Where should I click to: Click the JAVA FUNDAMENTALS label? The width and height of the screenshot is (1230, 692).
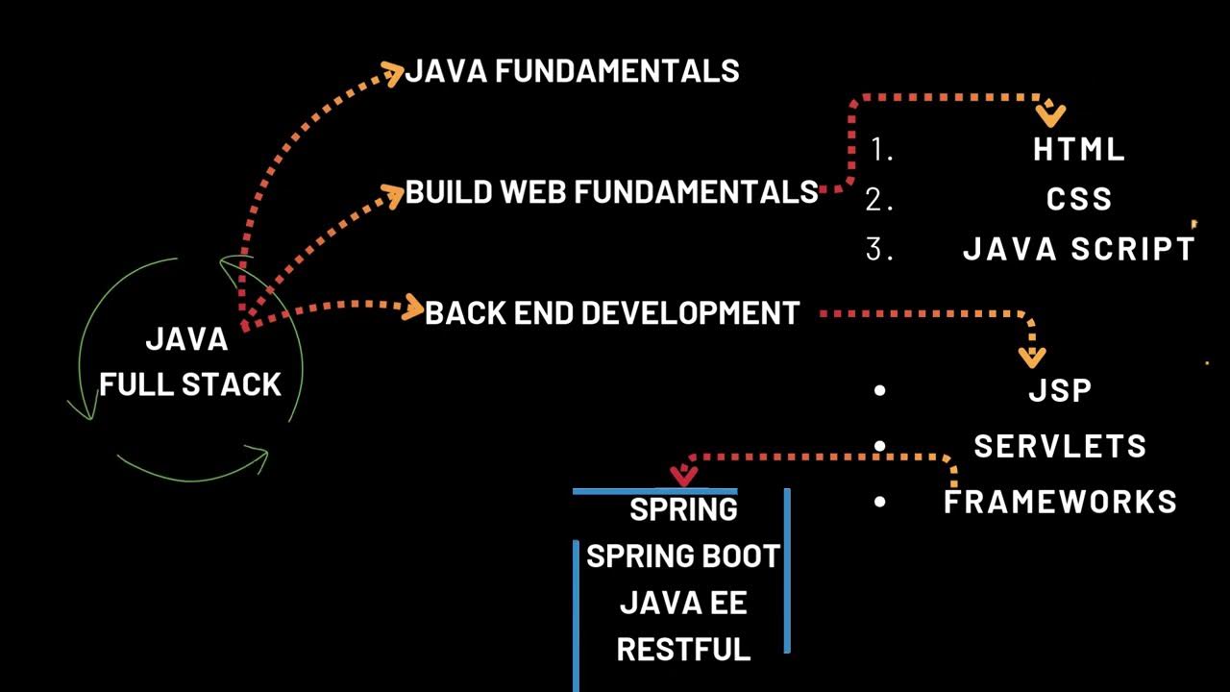[573, 71]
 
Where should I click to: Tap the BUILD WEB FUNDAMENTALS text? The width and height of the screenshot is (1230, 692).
[611, 192]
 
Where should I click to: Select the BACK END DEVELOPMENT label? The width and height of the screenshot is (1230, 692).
[612, 313]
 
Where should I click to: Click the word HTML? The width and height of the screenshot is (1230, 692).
[1079, 150]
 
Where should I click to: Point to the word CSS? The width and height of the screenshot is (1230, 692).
[1079, 199]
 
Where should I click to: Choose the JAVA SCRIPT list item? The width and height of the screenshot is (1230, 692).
[1079, 250]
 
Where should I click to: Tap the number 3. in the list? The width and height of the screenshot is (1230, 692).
[880, 250]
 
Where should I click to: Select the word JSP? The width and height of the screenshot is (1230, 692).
[1060, 391]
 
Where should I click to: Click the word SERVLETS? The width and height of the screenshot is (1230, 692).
[1060, 446]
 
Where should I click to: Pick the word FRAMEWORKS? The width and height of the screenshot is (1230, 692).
[1060, 502]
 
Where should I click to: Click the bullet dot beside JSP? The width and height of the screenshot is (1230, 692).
[880, 390]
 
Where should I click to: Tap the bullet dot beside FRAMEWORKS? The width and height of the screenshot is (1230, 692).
[880, 502]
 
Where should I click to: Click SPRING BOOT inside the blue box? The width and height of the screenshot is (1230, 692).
[683, 556]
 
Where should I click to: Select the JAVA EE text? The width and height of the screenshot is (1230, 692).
[683, 604]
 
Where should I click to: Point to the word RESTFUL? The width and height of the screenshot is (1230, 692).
[683, 650]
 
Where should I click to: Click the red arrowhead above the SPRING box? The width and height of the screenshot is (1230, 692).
[683, 476]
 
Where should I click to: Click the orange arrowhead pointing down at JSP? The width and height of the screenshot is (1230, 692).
[1031, 358]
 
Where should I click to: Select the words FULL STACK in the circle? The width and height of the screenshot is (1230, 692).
[190, 384]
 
